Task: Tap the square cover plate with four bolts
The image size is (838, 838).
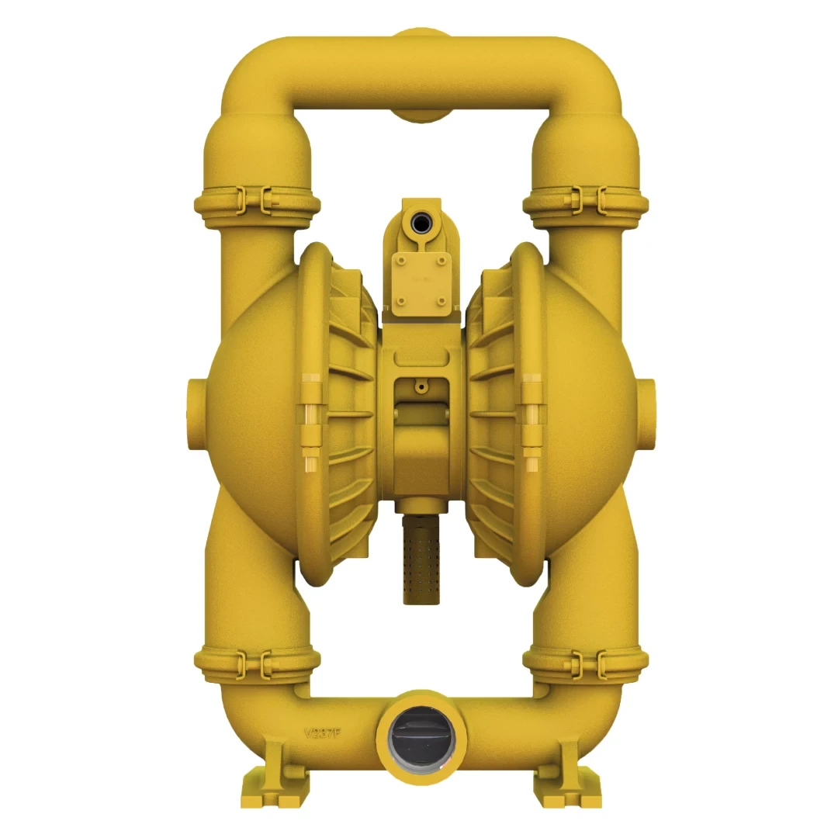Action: tap(421, 283)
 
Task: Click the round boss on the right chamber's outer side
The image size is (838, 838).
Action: tap(646, 410)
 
